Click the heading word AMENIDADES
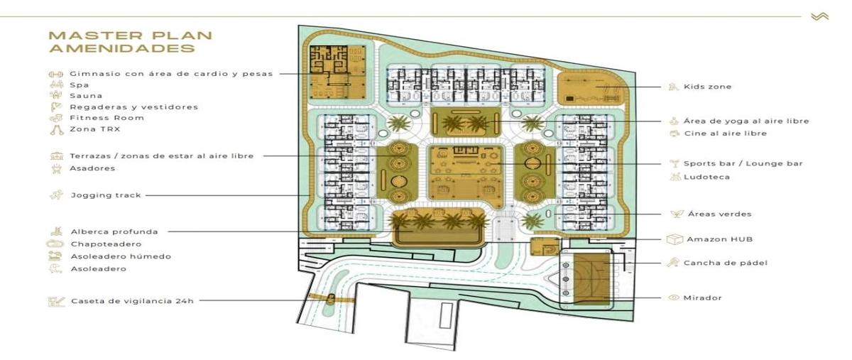[122, 49]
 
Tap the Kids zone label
[707, 87]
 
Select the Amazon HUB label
[720, 239]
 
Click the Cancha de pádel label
[726, 263]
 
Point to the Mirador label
[702, 298]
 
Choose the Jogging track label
[106, 195]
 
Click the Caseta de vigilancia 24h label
[132, 301]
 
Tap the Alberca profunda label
[114, 231]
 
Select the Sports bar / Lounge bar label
[743, 163]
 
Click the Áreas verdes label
[720, 214]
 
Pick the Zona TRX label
[94, 129]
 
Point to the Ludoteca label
[706, 177]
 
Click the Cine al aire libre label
[726, 133]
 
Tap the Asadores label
[92, 168]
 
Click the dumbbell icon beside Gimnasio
[55, 75]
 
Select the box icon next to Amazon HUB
[674, 239]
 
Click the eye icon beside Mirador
[674, 298]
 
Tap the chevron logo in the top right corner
[819, 16]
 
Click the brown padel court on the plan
[591, 278]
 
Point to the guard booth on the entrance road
[331, 299]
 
